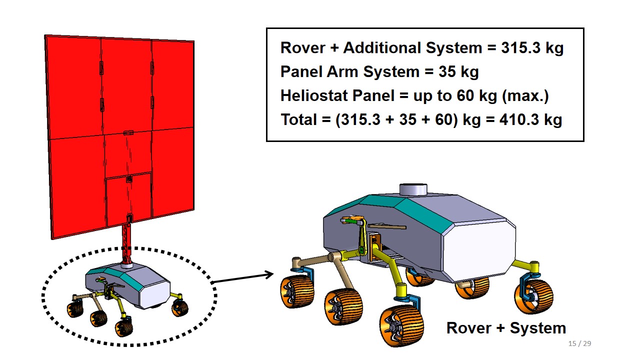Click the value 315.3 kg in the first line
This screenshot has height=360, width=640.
tap(532, 47)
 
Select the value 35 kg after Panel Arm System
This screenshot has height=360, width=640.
tap(458, 71)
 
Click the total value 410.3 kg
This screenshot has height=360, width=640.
tap(531, 119)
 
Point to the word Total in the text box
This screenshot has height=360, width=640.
tap(299, 119)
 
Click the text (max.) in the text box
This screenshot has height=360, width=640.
tap(525, 95)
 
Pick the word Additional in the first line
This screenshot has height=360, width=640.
tap(382, 47)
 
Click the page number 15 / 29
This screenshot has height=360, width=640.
tap(579, 343)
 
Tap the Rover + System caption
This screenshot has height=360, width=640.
tap(506, 328)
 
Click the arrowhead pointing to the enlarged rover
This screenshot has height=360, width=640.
tap(269, 274)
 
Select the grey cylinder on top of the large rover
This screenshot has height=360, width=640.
tap(413, 189)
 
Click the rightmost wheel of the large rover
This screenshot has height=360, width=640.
tap(533, 296)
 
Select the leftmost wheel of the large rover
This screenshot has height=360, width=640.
tap(297, 291)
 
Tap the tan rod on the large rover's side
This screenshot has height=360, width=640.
tap(387, 227)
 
